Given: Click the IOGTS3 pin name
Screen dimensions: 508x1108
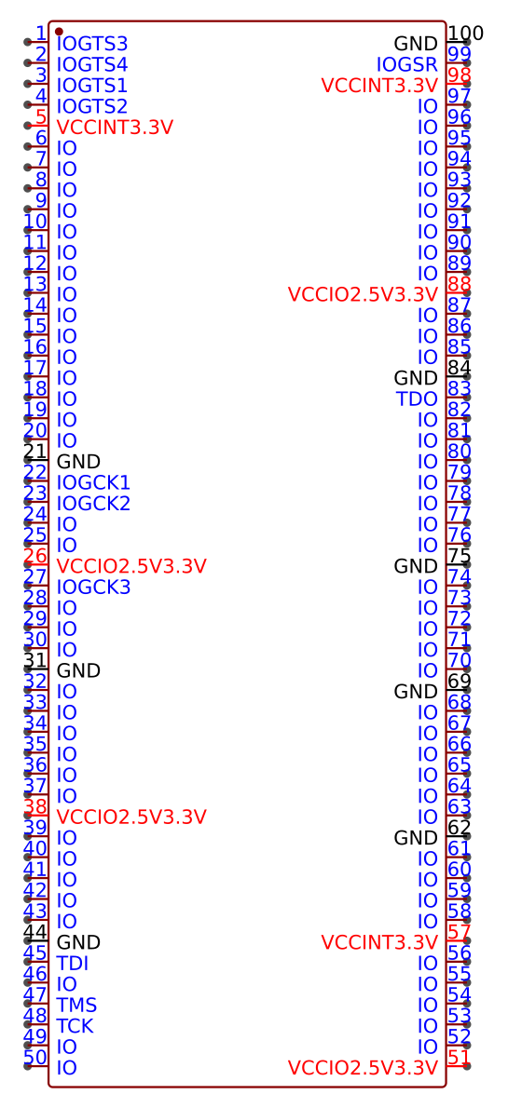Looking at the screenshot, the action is click(x=92, y=45).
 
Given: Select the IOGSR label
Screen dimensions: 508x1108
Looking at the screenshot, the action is click(x=406, y=65).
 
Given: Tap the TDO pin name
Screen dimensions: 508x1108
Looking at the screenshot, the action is click(x=417, y=399).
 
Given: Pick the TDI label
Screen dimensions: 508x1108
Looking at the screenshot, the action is click(x=72, y=964).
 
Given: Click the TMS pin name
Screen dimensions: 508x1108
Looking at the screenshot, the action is click(x=76, y=1006).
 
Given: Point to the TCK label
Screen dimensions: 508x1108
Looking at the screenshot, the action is click(x=75, y=1026).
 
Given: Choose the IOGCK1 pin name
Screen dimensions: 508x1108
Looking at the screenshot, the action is click(x=93, y=483).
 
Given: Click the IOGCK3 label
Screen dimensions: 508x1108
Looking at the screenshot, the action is click(x=93, y=588).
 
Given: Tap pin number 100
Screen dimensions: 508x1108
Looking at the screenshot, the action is click(x=465, y=34).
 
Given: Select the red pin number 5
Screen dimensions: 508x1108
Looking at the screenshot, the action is click(x=41, y=116).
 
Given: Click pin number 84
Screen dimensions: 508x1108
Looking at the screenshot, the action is click(x=460, y=368).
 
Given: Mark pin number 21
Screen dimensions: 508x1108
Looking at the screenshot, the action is click(x=35, y=452).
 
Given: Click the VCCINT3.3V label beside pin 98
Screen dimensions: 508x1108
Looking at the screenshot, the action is click(x=379, y=87).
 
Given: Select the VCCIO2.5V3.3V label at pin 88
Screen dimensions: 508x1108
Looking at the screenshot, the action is click(x=363, y=294).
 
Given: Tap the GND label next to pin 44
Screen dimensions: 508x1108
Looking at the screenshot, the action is click(x=78, y=942).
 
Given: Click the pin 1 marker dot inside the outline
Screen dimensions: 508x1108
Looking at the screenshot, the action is click(x=59, y=32).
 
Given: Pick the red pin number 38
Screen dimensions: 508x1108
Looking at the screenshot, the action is click(x=35, y=807).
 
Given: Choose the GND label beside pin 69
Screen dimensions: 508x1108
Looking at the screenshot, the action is click(x=416, y=692).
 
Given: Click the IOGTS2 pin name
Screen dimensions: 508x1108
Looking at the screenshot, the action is click(x=92, y=107).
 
